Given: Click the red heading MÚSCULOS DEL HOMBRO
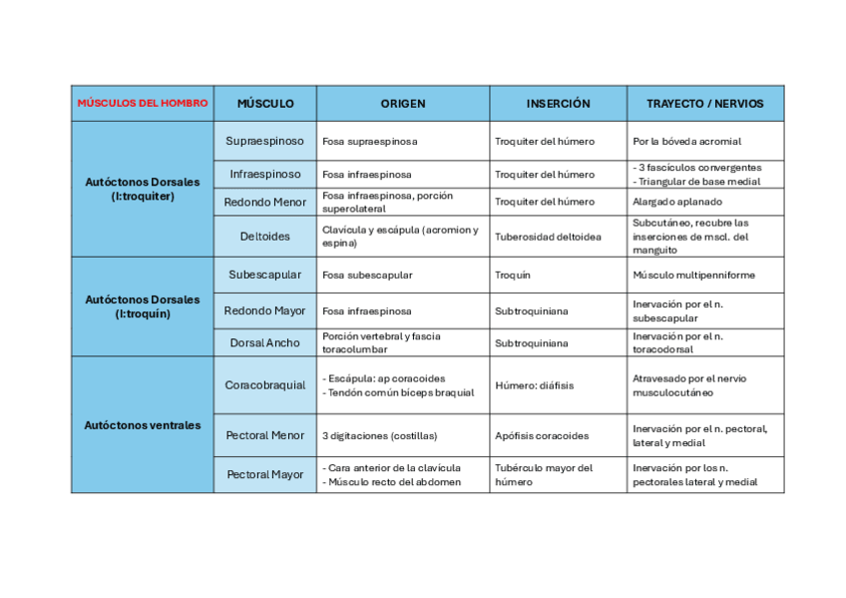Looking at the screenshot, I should click(x=142, y=103).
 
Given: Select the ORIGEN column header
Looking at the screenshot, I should click(x=402, y=103).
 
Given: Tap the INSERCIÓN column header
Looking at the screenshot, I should click(x=558, y=103).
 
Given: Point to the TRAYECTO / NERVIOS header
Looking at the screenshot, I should click(x=704, y=103).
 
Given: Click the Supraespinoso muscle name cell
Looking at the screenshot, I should click(x=264, y=141).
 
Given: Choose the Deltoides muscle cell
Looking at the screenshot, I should click(x=264, y=237).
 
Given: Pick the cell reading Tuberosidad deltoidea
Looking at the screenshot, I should click(x=548, y=237).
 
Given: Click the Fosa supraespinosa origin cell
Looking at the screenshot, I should click(x=370, y=142).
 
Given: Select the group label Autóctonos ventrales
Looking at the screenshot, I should click(x=142, y=425).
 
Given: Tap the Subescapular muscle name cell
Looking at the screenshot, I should click(x=264, y=275).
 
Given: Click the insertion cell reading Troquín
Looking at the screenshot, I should click(x=513, y=275).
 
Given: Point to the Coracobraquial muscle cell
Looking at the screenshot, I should click(x=264, y=385).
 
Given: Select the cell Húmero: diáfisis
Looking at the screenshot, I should click(x=534, y=385).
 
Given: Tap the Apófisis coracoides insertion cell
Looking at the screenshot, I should click(x=542, y=435).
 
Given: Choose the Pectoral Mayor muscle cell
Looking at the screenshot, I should click(x=264, y=474).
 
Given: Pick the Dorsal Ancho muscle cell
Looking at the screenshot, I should click(x=264, y=342).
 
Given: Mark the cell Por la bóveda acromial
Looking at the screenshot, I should click(x=686, y=142).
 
